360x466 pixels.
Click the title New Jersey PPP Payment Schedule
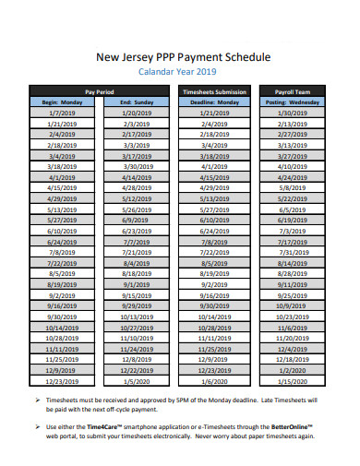pyautogui.click(x=184, y=56)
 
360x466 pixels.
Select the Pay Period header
pyautogui.click(x=99, y=92)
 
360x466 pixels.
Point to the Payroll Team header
pyautogui.click(x=294, y=92)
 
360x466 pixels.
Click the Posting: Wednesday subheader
pyautogui.click(x=294, y=102)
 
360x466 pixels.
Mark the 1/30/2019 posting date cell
pyautogui.click(x=294, y=112)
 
